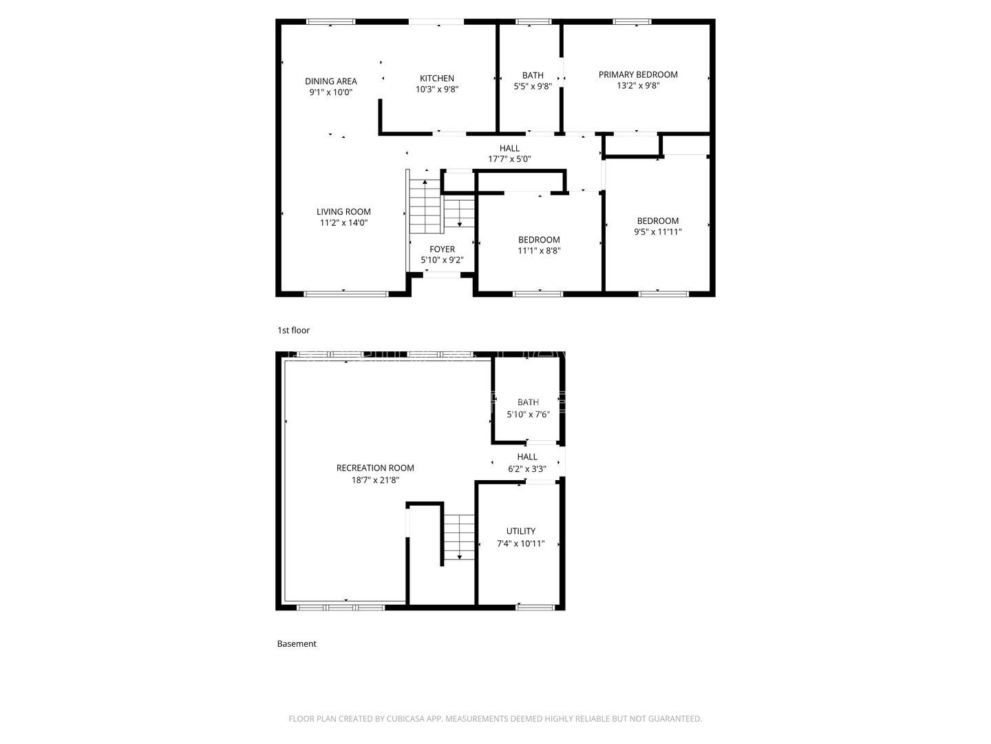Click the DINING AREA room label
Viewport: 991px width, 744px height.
[x=331, y=81]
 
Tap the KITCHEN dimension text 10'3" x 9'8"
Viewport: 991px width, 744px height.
[x=437, y=90]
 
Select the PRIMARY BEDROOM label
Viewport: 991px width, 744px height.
[x=638, y=74]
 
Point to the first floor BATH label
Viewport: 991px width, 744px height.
[x=533, y=75]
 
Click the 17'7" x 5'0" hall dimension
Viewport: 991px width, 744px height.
[x=509, y=159]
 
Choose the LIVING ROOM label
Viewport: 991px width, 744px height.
[x=343, y=211]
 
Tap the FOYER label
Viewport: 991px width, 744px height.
[x=442, y=249]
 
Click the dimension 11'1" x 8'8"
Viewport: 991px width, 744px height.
[x=539, y=251]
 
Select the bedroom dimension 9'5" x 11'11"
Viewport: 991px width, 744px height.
[x=658, y=232]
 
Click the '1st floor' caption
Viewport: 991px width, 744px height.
[x=293, y=331]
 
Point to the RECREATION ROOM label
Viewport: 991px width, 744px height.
[x=375, y=468]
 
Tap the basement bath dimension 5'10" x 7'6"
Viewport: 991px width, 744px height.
[x=528, y=415]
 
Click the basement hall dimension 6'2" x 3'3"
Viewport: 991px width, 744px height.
[x=527, y=469]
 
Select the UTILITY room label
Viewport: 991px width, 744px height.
[x=521, y=531]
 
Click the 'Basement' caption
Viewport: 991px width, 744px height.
[x=297, y=644]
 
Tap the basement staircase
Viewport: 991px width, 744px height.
[x=458, y=537]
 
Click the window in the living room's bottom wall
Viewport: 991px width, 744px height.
[x=346, y=294]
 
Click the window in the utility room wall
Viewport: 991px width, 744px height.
[x=535, y=607]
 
